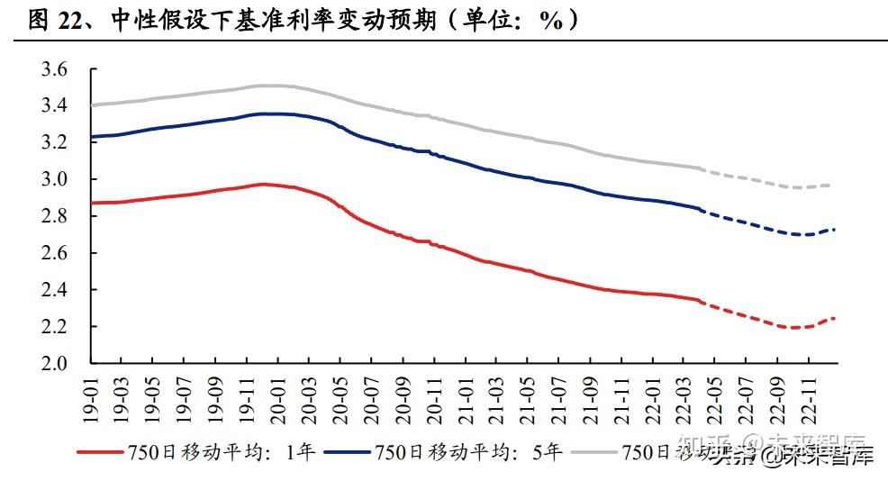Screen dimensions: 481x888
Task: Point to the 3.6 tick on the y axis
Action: (56, 69)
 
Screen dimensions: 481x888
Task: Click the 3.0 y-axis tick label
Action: (56, 179)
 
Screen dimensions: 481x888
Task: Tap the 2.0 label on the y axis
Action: (56, 364)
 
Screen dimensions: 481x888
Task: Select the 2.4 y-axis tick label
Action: (56, 290)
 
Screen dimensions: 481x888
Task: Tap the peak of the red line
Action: (262, 184)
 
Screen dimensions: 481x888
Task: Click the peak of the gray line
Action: (267, 86)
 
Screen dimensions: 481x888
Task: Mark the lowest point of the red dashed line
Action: (793, 328)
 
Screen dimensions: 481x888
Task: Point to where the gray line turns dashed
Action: (701, 168)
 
